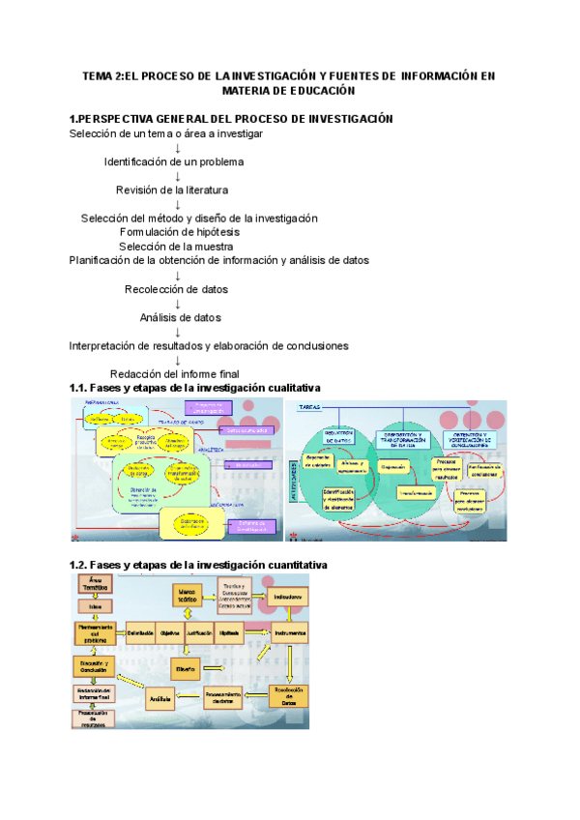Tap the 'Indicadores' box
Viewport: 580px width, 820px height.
click(287, 597)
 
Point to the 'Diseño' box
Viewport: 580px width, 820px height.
click(186, 667)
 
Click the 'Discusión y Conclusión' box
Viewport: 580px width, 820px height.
click(94, 666)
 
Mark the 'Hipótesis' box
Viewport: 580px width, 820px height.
click(230, 633)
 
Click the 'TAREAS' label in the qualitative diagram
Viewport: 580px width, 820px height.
click(310, 405)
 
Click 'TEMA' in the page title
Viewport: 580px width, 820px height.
click(97, 75)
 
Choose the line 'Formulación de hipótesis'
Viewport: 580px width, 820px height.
click(180, 232)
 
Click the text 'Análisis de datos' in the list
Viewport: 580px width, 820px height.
click(180, 317)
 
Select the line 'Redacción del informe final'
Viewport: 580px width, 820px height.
click(174, 374)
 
